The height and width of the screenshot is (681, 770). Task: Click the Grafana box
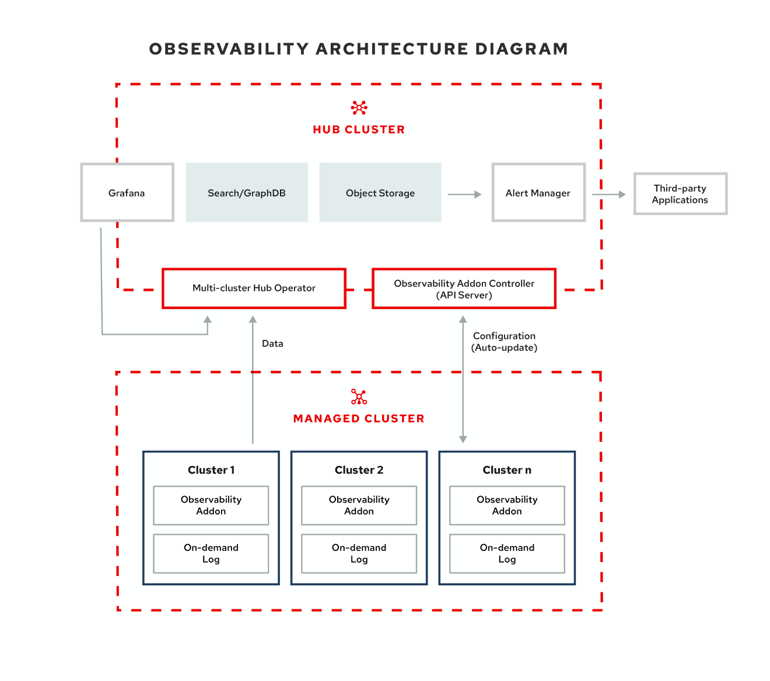pos(127,192)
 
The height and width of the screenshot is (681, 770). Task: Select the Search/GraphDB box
pos(247,192)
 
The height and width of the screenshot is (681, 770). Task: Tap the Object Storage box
pos(380,192)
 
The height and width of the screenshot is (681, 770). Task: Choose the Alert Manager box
pos(538,192)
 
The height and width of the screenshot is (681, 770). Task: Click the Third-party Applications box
pos(680,194)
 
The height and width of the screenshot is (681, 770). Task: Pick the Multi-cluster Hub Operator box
pos(254,288)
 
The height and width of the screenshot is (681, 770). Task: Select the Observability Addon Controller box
pos(464,289)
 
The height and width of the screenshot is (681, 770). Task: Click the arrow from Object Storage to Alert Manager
pos(464,194)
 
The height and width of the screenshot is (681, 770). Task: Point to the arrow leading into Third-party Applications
pos(609,194)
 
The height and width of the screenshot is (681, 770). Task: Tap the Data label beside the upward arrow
pos(272,343)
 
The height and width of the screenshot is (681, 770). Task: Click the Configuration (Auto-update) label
pos(504,342)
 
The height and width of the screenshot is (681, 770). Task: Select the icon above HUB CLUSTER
pos(359,107)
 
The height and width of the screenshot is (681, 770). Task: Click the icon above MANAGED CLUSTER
pos(359,397)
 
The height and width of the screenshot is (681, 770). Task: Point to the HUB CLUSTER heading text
pos(359,129)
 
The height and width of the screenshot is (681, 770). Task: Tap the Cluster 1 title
pos(211,470)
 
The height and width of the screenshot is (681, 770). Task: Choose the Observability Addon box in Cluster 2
pos(359,506)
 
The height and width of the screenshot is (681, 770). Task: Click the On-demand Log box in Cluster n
pos(507,553)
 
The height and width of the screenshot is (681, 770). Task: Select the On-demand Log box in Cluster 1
pos(211,553)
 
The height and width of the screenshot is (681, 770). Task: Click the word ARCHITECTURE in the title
pos(392,49)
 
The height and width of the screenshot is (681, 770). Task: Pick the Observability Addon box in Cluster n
pos(507,506)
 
